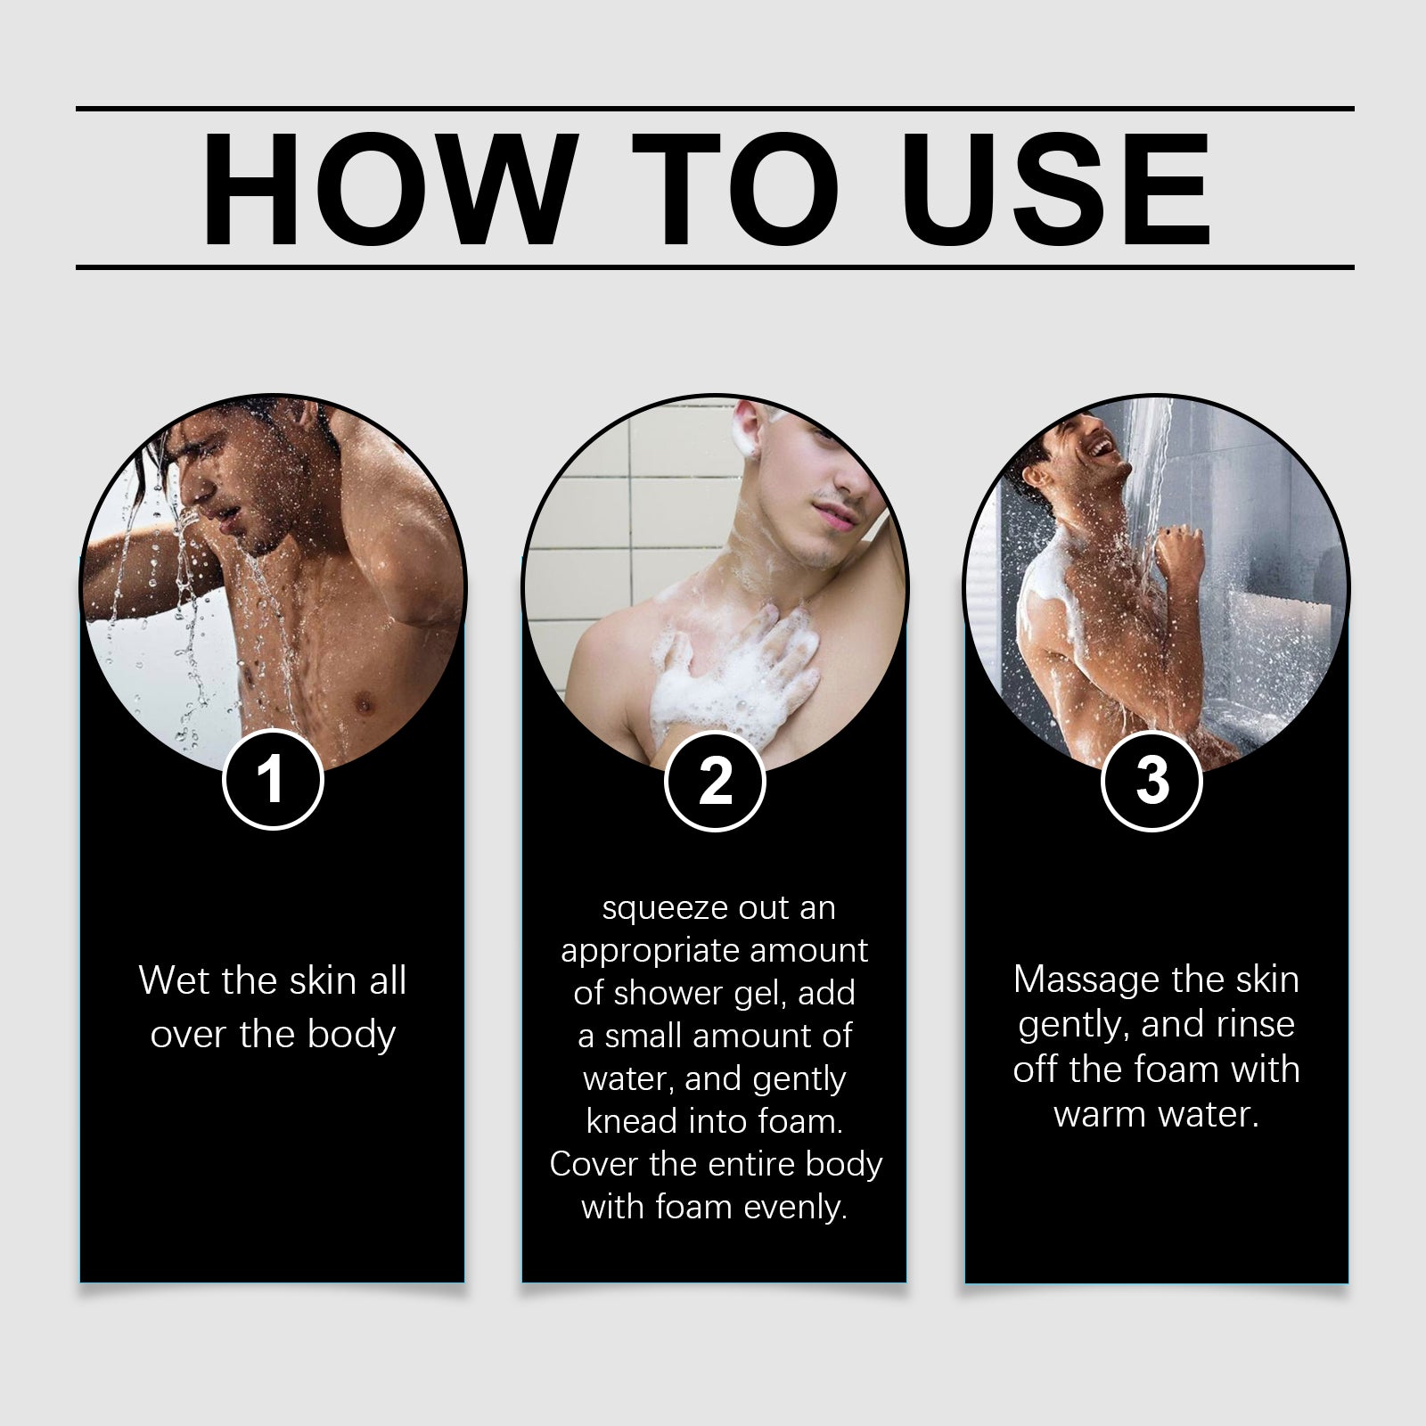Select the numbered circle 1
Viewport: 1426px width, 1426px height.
click(272, 781)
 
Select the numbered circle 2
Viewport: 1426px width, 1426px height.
click(715, 781)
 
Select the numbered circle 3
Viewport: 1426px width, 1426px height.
click(1151, 781)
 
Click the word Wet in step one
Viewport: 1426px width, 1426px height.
click(173, 981)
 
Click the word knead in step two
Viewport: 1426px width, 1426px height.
click(627, 1121)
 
